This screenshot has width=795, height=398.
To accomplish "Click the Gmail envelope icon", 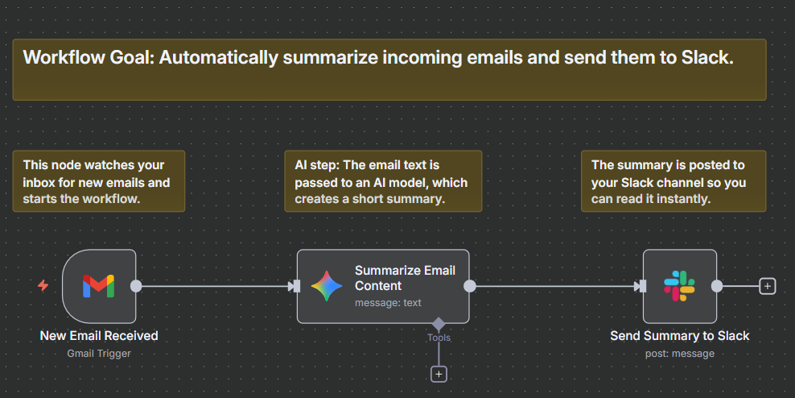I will click(x=98, y=286).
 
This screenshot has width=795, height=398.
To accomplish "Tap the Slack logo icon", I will click(x=679, y=286).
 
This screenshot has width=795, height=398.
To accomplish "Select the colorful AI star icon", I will click(x=327, y=286).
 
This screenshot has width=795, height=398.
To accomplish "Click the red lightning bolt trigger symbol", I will click(x=43, y=285).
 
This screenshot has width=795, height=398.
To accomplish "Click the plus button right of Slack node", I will click(x=767, y=286).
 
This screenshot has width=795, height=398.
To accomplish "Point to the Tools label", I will click(x=439, y=338).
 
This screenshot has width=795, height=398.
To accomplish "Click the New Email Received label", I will click(x=99, y=336).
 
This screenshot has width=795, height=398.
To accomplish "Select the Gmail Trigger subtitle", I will click(x=99, y=353).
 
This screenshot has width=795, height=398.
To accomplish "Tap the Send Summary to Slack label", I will click(x=679, y=336).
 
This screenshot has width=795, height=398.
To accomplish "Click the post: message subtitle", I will click(x=679, y=353).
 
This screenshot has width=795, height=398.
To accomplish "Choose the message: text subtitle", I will click(x=388, y=303).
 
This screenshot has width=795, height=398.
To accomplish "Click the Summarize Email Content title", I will click(x=405, y=278).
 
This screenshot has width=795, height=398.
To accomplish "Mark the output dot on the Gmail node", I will click(x=136, y=286).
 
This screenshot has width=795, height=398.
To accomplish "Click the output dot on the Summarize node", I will click(x=470, y=286).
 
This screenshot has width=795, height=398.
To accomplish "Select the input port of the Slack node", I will click(x=641, y=286).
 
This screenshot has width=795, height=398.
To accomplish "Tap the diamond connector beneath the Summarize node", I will click(x=439, y=324).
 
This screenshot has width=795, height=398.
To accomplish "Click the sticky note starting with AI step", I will click(x=382, y=181).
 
